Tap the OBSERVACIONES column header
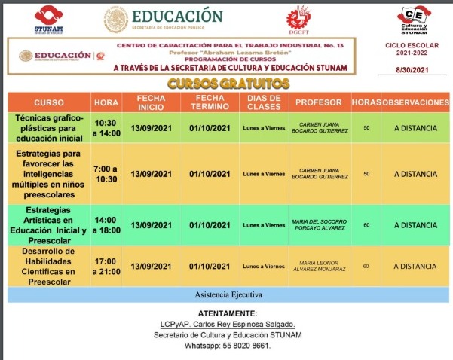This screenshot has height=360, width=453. pyautogui.click(x=415, y=102)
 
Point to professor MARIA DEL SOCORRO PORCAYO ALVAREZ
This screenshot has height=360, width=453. pyautogui.click(x=317, y=224)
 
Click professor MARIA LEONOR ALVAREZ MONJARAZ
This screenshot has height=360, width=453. pyautogui.click(x=317, y=266)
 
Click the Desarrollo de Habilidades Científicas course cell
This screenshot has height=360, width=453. pyautogui.click(x=46, y=266)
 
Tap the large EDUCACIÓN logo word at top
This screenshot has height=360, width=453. pyautogui.click(x=178, y=17)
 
